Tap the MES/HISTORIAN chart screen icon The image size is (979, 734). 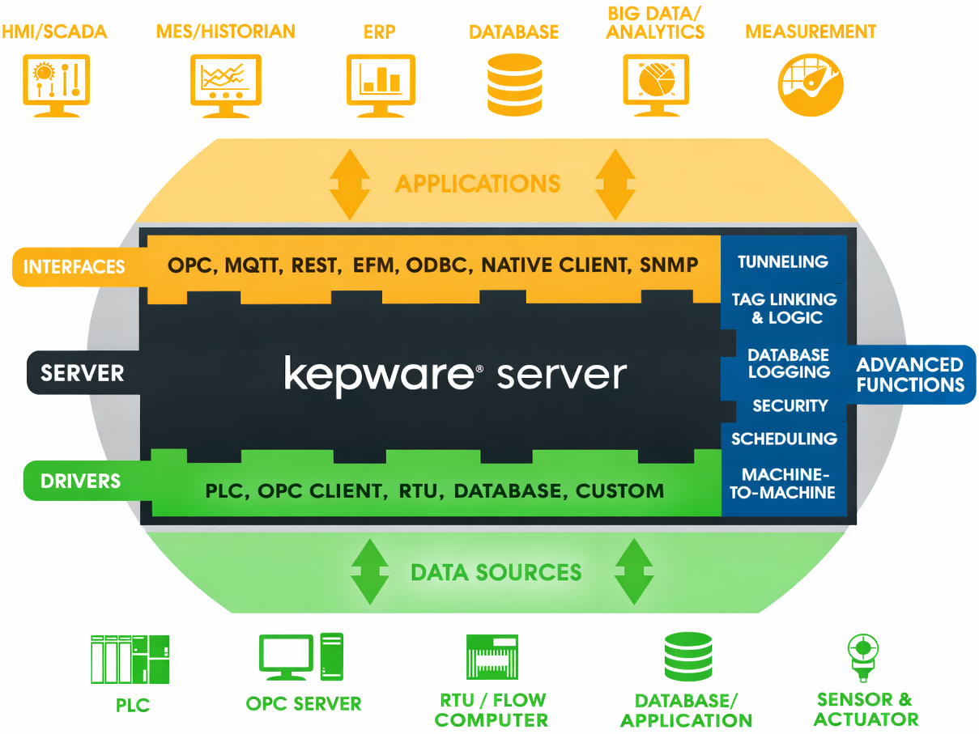click(x=224, y=83)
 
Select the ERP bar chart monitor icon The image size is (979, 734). click(x=381, y=83)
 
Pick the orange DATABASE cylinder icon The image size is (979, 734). click(x=514, y=84)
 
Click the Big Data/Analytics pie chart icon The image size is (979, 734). click(x=656, y=84)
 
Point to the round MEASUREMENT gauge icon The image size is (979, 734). click(x=811, y=84)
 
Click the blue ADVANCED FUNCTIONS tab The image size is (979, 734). click(x=911, y=375)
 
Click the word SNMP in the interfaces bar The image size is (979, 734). click(x=668, y=265)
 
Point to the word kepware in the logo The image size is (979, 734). click(x=378, y=375)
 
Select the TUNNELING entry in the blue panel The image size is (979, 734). click(x=782, y=261)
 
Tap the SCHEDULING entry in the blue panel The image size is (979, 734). click(x=784, y=439)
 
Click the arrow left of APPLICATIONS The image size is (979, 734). click(x=349, y=184)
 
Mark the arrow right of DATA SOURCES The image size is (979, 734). click(x=633, y=571)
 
